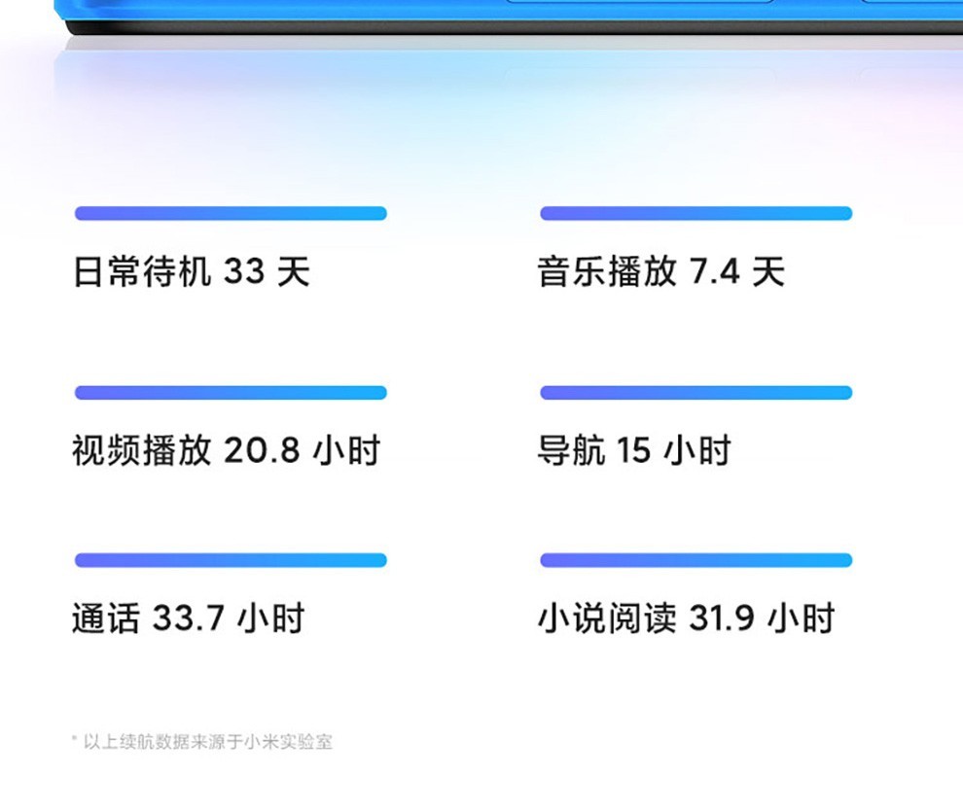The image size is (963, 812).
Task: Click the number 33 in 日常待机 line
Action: click(244, 271)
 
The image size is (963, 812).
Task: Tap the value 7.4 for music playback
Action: click(714, 271)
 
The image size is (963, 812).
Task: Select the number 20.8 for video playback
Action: click(262, 450)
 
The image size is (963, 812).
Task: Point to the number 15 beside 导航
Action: click(632, 450)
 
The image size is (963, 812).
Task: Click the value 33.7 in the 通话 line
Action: click(188, 618)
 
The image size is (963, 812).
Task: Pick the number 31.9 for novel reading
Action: click(721, 618)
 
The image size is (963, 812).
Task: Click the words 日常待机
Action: click(142, 271)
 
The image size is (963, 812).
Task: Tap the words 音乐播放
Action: click(607, 271)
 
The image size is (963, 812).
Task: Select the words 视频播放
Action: click(142, 450)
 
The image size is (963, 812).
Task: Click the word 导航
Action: click(571, 450)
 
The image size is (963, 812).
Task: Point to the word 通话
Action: click(106, 618)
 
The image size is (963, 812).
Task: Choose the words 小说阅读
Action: click(607, 618)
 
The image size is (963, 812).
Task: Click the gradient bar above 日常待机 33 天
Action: click(231, 213)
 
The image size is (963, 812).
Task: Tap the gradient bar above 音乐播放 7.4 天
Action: click(695, 213)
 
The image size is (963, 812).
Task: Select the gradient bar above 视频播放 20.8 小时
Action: click(231, 393)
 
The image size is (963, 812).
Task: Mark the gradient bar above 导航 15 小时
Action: click(695, 393)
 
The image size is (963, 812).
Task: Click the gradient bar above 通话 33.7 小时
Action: click(231, 560)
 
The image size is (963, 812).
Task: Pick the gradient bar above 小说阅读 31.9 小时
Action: click(695, 560)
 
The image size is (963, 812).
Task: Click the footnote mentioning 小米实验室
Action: click(202, 742)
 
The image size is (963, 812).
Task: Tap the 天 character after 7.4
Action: click(768, 271)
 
